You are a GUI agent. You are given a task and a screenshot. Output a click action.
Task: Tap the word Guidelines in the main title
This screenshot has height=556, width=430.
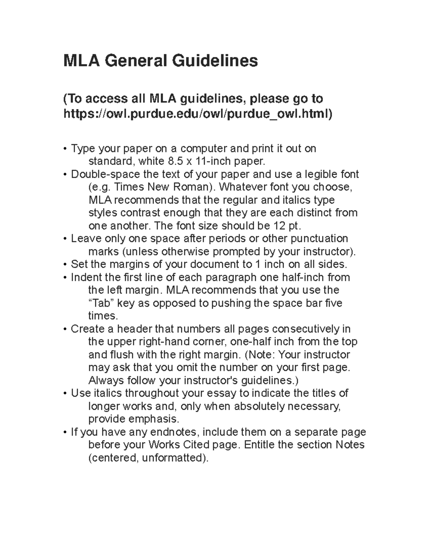coord(215,61)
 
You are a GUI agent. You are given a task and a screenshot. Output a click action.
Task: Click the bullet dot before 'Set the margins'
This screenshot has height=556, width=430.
coord(65,265)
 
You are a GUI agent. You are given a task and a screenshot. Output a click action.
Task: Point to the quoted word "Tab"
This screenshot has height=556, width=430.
coord(101,303)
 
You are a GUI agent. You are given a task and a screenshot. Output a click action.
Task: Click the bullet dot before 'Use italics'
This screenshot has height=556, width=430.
coord(65,393)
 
